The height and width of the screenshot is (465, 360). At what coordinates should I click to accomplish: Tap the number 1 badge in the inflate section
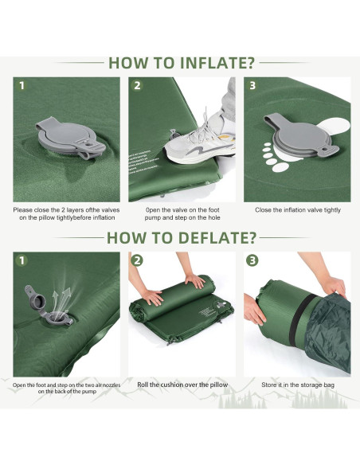click(x=22, y=86)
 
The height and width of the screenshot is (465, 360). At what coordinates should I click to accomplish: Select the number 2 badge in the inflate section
click(x=137, y=86)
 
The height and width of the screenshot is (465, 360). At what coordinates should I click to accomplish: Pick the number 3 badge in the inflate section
click(x=252, y=86)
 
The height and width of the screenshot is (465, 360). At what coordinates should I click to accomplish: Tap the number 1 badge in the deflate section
click(x=22, y=260)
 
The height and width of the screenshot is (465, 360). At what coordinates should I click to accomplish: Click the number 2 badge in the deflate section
click(x=137, y=260)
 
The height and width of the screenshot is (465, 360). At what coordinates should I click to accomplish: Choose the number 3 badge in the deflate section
click(x=252, y=260)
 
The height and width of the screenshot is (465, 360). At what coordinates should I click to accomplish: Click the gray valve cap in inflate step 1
click(x=70, y=139)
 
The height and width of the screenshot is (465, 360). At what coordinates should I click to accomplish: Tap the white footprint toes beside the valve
click(x=272, y=158)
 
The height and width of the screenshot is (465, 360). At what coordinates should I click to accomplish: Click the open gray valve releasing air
click(x=48, y=307)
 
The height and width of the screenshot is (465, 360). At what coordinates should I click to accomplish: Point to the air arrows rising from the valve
click(x=61, y=300)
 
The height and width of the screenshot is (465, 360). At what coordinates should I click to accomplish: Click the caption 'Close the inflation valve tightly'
click(x=298, y=210)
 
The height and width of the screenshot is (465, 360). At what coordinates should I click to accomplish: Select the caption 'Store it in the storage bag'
click(x=298, y=385)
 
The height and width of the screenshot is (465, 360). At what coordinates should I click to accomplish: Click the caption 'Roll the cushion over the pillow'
click(x=182, y=385)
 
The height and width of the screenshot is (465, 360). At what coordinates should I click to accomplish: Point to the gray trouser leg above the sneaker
click(x=229, y=98)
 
